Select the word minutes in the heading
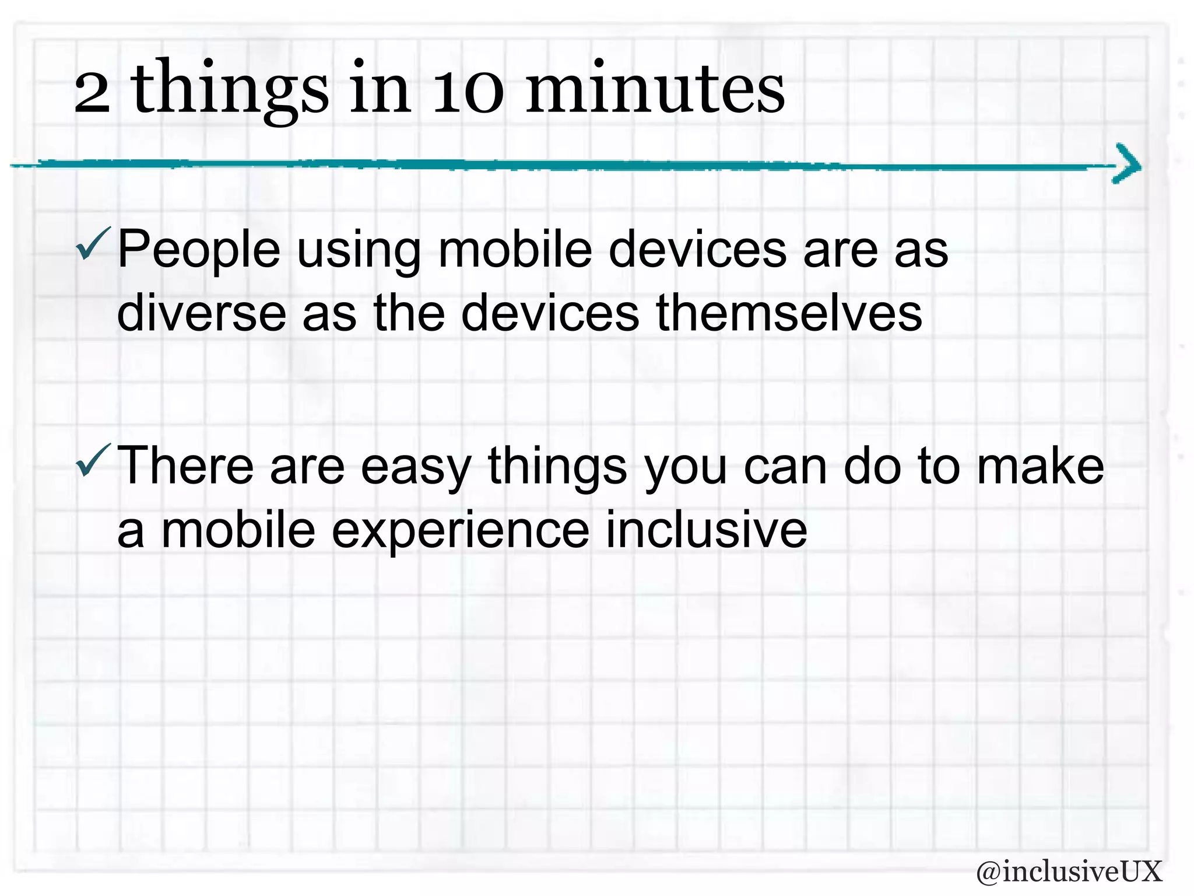click(655, 89)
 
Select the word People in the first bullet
click(199, 251)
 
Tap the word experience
click(461, 531)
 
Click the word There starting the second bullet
click(185, 466)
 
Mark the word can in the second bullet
click(785, 467)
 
